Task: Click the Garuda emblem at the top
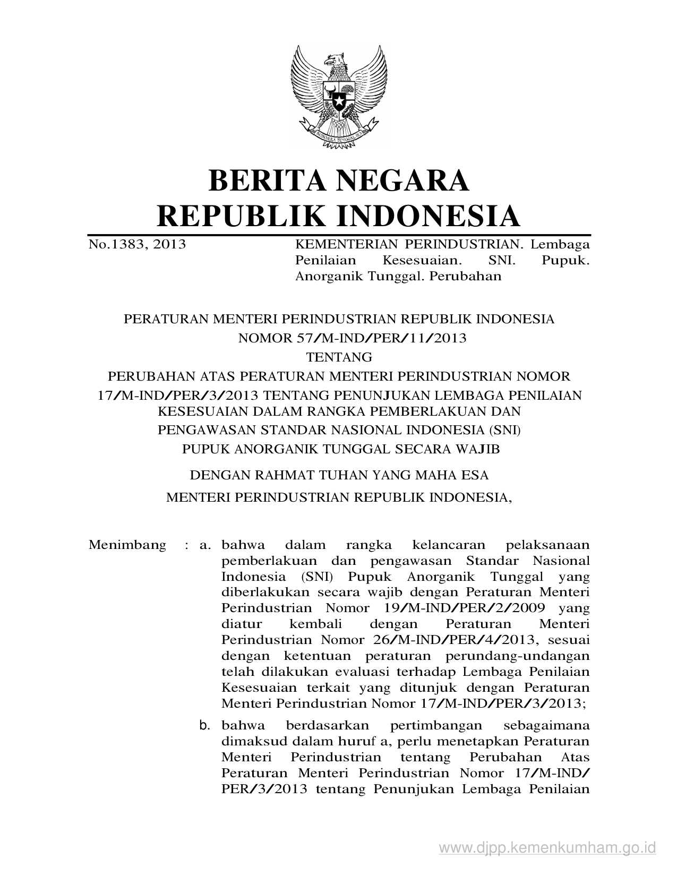[338, 95]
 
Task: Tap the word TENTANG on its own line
[339, 357]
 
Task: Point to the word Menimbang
[127, 545]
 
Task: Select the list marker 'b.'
[205, 725]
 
